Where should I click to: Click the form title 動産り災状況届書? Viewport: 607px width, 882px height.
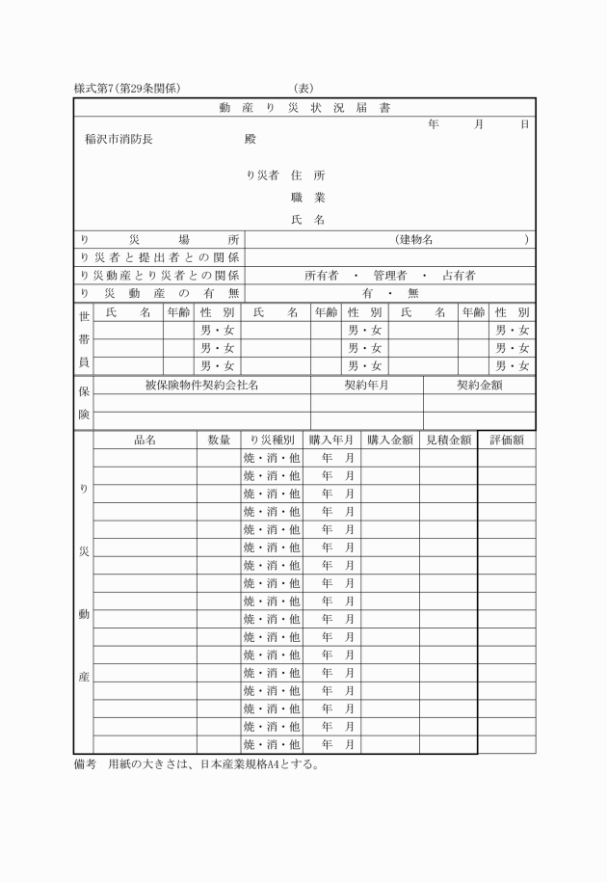click(304, 107)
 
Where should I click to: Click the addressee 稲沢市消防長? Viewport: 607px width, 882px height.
click(119, 139)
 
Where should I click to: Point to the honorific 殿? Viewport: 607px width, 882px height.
click(251, 139)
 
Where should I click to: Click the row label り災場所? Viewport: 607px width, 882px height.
click(159, 239)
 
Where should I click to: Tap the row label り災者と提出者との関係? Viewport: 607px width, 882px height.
click(159, 257)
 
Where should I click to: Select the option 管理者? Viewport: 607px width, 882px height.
click(389, 276)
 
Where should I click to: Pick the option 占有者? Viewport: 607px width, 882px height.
click(458, 276)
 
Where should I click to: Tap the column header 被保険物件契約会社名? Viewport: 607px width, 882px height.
click(201, 385)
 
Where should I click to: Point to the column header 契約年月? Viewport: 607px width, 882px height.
click(366, 385)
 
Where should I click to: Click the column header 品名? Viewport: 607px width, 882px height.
click(145, 440)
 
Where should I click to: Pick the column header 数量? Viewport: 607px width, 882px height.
click(219, 440)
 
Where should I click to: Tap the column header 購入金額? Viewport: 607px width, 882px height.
click(390, 440)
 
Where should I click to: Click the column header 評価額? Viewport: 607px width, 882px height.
click(506, 440)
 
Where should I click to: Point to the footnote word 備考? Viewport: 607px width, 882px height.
click(86, 766)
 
